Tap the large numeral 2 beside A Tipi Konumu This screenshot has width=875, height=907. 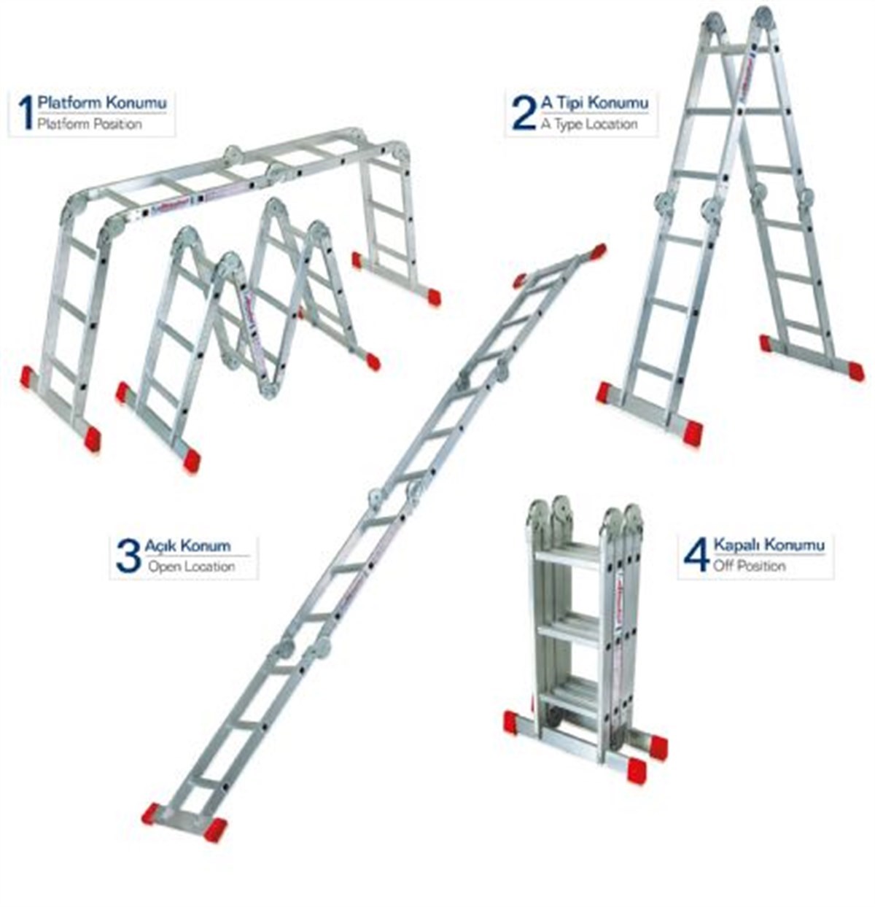(524, 112)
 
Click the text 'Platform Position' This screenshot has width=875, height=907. (90, 125)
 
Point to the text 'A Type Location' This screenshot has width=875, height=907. (588, 125)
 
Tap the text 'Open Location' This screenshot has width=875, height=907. (191, 567)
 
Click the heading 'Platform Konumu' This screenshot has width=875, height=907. (102, 102)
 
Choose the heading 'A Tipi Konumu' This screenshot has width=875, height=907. (594, 103)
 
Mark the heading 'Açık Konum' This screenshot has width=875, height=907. (187, 545)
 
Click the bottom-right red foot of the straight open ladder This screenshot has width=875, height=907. (214, 828)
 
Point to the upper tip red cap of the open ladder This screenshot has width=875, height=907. (598, 252)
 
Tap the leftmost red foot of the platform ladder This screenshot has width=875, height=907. (28, 376)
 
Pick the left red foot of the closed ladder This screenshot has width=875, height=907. (510, 722)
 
